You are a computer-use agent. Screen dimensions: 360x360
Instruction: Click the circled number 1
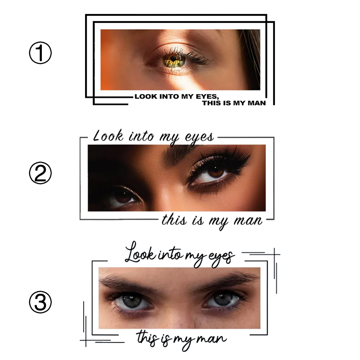coord(40,54)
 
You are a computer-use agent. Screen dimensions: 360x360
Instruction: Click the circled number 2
coord(40,173)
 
